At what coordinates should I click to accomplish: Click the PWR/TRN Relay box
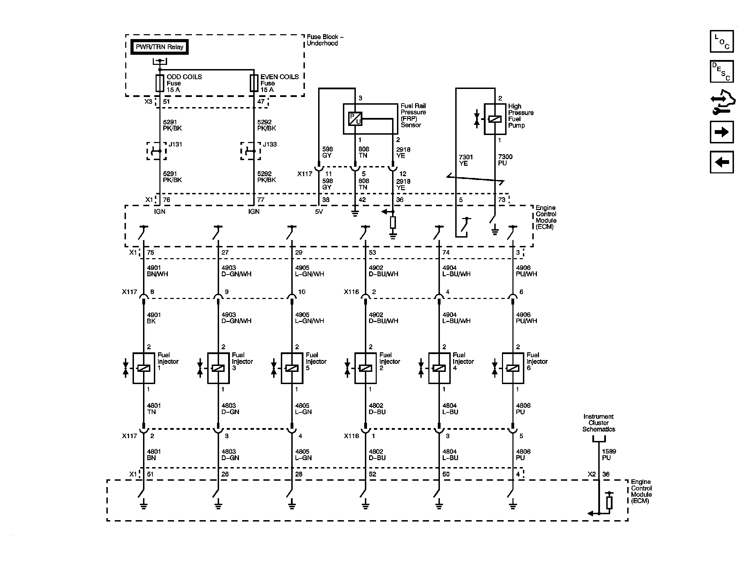(159, 47)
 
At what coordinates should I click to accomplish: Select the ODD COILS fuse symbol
(159, 83)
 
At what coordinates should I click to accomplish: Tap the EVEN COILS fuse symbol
(254, 83)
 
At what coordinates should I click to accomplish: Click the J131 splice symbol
(156, 151)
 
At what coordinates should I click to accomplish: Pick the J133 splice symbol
(250, 151)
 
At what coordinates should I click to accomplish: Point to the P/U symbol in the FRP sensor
(355, 119)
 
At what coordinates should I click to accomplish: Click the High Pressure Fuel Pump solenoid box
(495, 119)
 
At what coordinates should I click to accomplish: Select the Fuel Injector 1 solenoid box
(144, 368)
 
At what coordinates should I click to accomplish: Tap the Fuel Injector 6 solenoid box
(512, 368)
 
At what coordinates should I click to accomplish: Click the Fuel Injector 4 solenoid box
(439, 368)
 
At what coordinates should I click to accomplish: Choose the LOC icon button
(722, 42)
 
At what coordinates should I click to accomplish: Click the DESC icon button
(722, 72)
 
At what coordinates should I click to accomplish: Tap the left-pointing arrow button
(722, 162)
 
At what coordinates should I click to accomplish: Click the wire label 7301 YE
(466, 160)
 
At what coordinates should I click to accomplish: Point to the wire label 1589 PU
(609, 454)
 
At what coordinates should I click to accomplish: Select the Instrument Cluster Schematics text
(598, 423)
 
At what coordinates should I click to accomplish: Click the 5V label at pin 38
(319, 211)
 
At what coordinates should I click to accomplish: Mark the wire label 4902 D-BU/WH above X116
(383, 271)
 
